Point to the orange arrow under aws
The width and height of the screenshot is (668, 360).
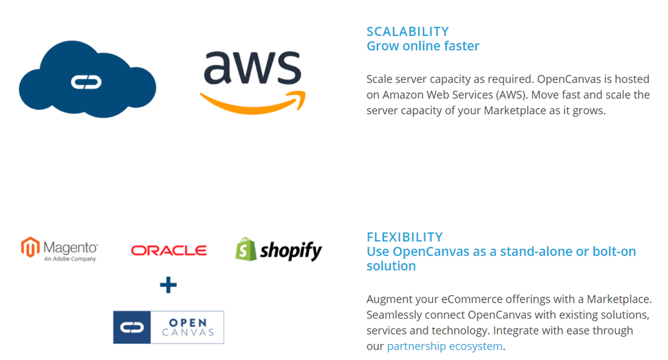pos(253,102)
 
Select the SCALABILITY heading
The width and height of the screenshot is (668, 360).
pos(407,31)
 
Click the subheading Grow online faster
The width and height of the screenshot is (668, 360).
pos(423,46)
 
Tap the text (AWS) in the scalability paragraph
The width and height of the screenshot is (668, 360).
pos(509,95)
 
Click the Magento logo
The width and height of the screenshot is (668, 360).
pos(60,248)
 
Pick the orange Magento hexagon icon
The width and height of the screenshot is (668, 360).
pos(30,248)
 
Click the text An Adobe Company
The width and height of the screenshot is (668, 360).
pos(70,259)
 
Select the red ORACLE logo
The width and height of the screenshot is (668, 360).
pos(169,250)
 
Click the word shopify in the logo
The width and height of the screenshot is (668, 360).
pos(291,250)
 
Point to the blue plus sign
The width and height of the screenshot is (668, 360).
pos(168,285)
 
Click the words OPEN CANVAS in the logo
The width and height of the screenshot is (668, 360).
pos(188,327)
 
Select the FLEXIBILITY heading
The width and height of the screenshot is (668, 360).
pos(405,237)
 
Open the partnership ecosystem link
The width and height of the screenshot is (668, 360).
pos(444,346)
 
